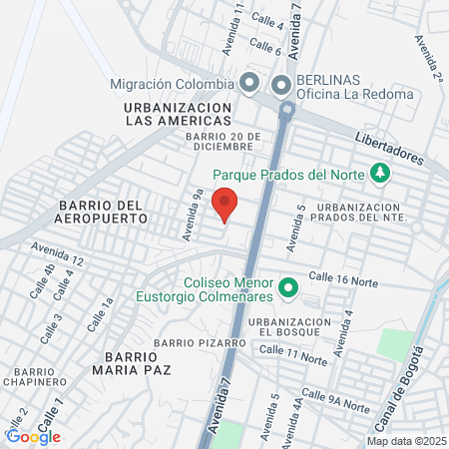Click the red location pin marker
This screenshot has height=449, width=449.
[x=225, y=203]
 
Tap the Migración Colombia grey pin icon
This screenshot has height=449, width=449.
[x=249, y=83]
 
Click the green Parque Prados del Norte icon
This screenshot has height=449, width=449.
[x=380, y=173]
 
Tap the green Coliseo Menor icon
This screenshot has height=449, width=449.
[x=288, y=289]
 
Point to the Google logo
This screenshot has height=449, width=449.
[x=33, y=436]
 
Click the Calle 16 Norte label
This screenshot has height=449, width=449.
[x=343, y=279]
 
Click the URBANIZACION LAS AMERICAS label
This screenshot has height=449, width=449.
[x=179, y=113]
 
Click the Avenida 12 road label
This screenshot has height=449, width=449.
[x=56, y=253]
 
